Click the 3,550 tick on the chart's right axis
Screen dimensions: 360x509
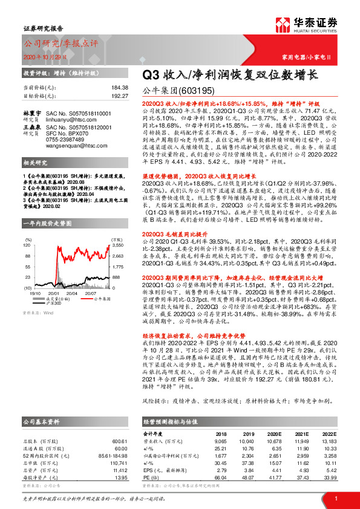118,229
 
